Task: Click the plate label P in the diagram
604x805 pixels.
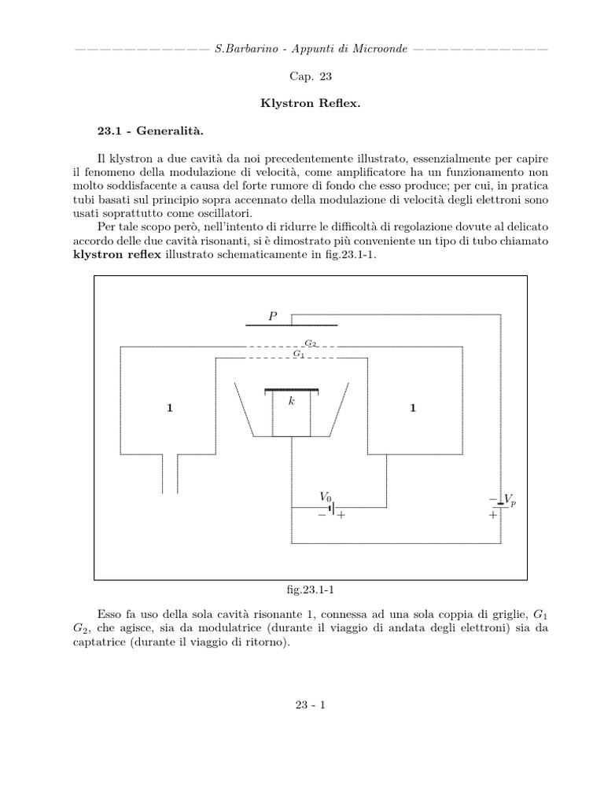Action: tap(273, 316)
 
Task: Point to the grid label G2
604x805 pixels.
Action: tap(311, 344)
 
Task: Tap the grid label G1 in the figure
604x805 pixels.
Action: tap(298, 355)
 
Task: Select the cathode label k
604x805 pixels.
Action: tap(291, 401)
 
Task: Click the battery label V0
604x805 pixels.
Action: tap(325, 497)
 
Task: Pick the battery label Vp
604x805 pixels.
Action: tap(510, 500)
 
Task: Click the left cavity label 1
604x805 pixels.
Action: tap(169, 408)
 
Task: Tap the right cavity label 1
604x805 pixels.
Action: tap(412, 408)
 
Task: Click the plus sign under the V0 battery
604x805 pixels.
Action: tap(341, 516)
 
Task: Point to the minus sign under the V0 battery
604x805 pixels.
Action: tap(322, 516)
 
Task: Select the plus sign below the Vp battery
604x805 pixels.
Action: tap(493, 516)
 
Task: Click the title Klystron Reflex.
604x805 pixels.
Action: tap(302, 103)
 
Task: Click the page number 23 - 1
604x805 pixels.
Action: tap(302, 704)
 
